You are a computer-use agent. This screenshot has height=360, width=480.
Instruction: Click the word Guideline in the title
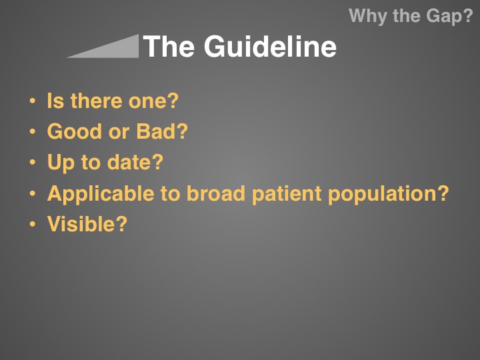(270, 46)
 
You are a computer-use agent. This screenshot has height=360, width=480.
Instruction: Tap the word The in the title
(169, 46)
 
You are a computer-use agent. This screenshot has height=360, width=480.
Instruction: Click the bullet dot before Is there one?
(33, 101)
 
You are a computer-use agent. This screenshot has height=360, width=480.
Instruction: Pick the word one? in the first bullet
(153, 101)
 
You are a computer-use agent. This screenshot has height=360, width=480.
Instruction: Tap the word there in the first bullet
(97, 101)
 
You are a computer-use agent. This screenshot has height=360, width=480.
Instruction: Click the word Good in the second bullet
(75, 131)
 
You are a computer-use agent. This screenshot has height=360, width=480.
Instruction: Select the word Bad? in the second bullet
(162, 131)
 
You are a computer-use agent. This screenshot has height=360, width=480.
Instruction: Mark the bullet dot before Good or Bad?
(33, 131)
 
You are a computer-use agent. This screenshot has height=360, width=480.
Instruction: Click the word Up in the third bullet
(61, 163)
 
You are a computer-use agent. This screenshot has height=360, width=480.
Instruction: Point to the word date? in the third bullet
(135, 161)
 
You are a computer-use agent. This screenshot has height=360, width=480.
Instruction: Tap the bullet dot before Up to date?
(33, 162)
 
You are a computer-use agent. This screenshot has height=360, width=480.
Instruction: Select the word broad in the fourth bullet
(216, 193)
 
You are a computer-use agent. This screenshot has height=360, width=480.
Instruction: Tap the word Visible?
(87, 224)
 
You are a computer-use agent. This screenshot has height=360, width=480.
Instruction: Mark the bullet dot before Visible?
(33, 224)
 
